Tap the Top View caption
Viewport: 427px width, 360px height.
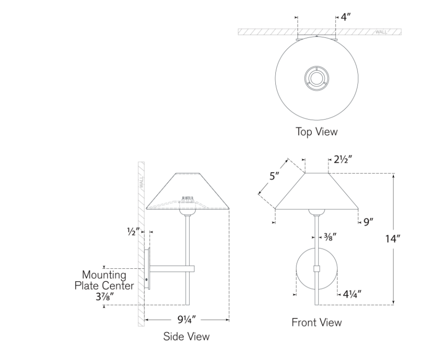click(x=316, y=131)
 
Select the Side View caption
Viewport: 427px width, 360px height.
click(x=187, y=336)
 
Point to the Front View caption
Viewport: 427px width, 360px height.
click(x=317, y=322)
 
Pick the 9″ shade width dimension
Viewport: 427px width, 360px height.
click(x=368, y=222)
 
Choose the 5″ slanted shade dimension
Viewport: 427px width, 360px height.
click(x=274, y=176)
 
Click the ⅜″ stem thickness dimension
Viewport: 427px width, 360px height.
click(x=330, y=236)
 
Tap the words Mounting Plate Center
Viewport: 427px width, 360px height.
click(x=104, y=280)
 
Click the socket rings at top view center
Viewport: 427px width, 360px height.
click(x=316, y=77)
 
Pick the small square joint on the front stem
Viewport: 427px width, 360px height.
click(x=316, y=269)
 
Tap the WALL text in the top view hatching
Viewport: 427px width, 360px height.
click(x=381, y=32)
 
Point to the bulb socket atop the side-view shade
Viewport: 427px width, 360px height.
click(x=188, y=198)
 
